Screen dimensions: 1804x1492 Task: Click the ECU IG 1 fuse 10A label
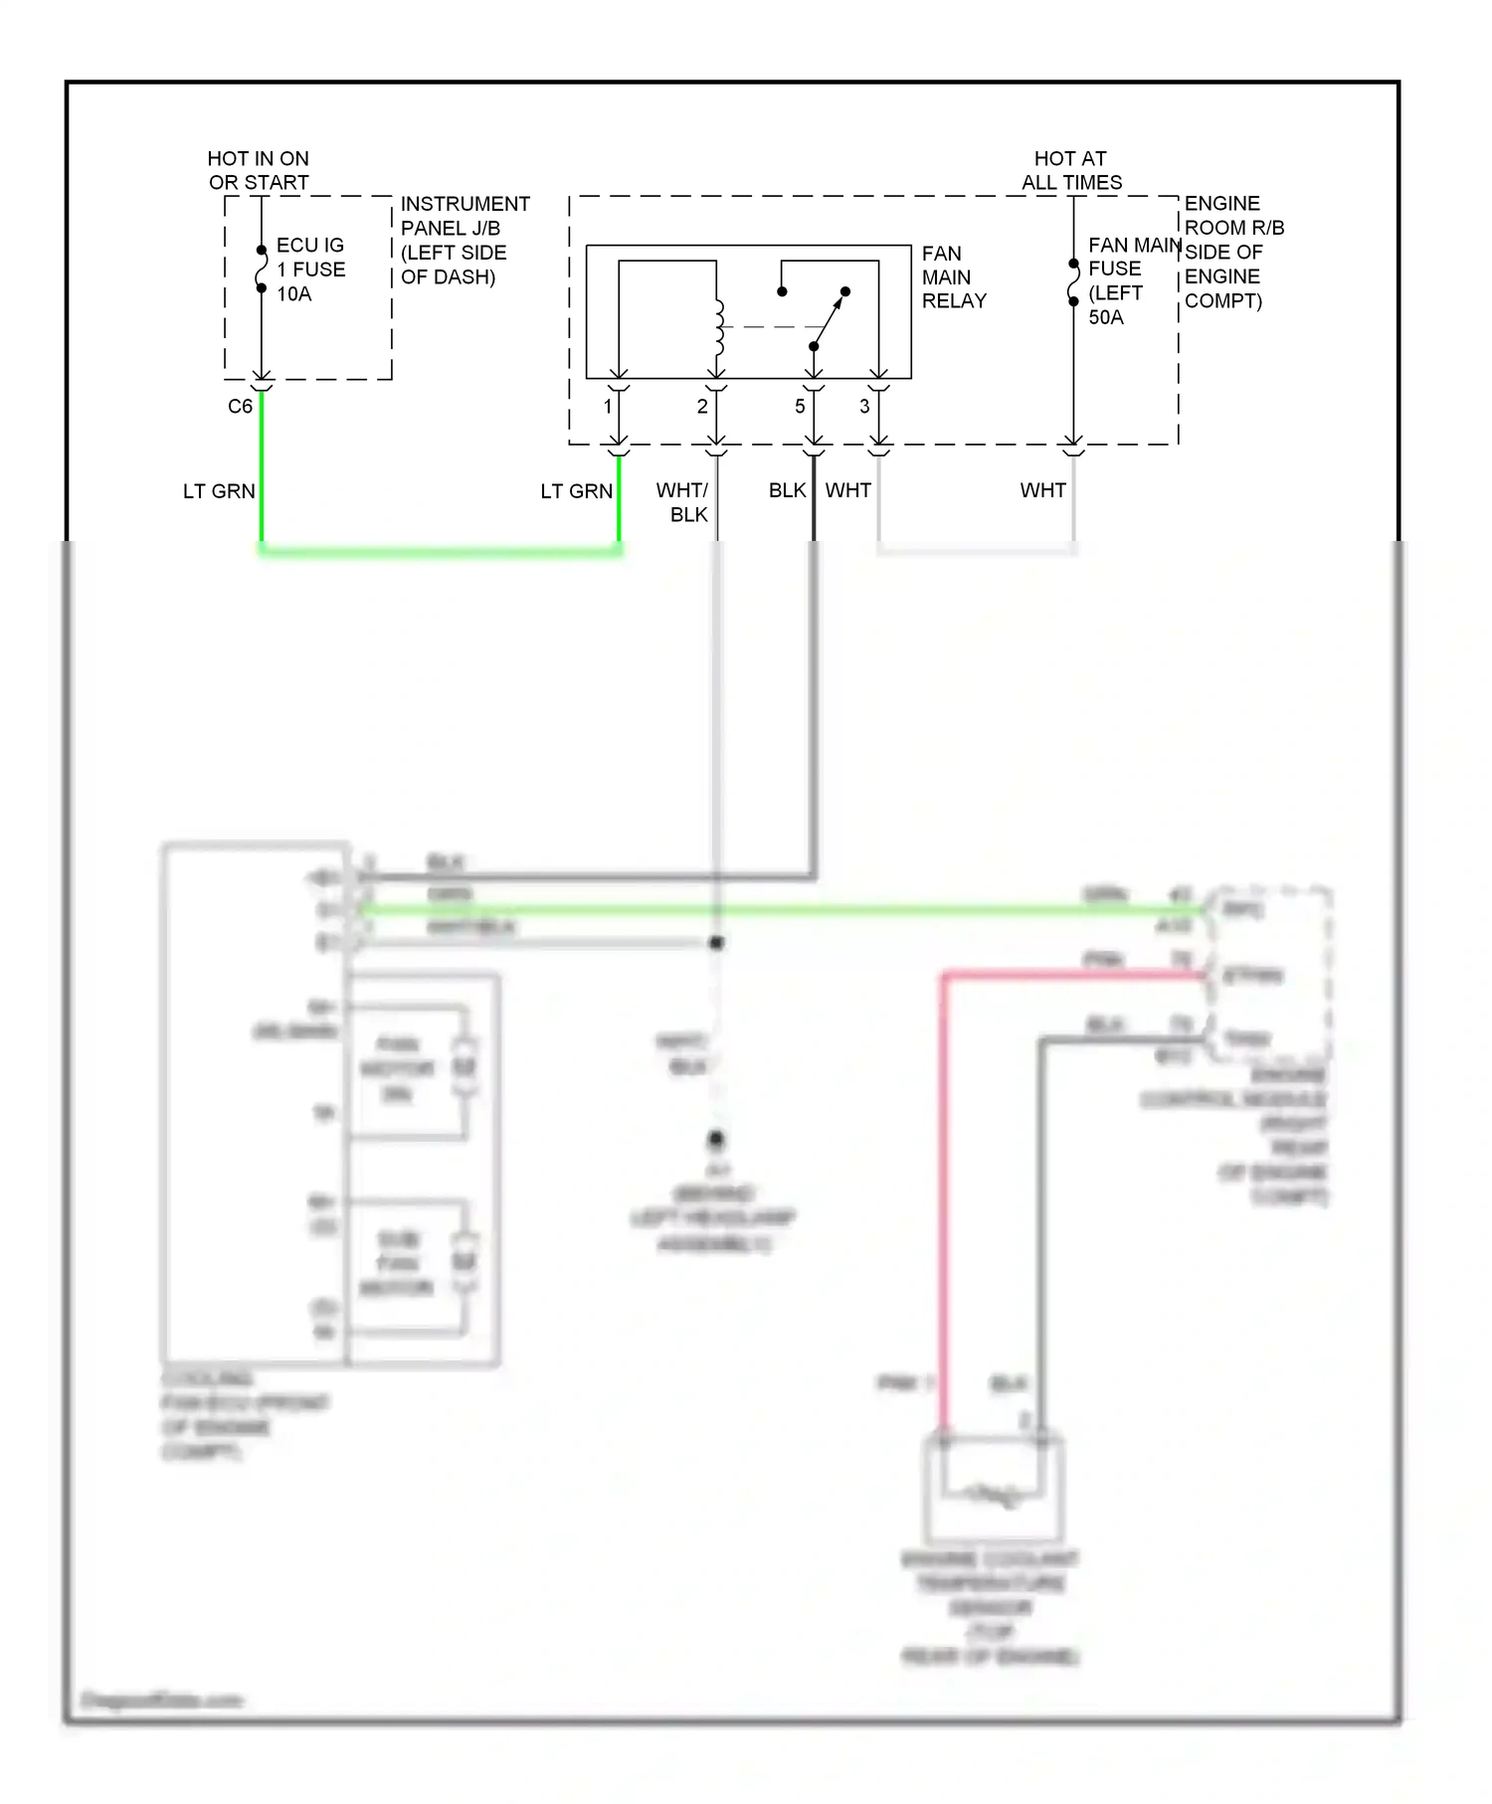click(x=310, y=270)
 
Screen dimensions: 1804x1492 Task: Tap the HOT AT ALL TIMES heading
click(x=1071, y=171)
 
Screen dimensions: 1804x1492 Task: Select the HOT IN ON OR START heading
click(x=259, y=171)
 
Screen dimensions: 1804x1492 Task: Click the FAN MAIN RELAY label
click(x=953, y=277)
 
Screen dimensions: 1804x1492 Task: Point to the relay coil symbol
click(x=718, y=326)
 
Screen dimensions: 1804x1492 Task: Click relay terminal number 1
click(x=608, y=407)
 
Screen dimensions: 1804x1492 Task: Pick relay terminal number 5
click(x=800, y=407)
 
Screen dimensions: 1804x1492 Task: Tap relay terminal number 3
click(x=864, y=407)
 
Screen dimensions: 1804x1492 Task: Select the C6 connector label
click(x=240, y=407)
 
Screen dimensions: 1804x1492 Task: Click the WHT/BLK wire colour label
click(x=683, y=502)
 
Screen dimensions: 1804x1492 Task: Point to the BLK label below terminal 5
click(x=787, y=491)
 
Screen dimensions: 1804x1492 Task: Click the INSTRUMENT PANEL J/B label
click(x=464, y=241)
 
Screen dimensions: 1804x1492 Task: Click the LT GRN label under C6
click(x=219, y=491)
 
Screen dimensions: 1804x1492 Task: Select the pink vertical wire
click(x=944, y=1193)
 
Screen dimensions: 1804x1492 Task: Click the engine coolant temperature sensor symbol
click(x=993, y=1492)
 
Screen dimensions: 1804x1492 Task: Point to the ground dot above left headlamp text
click(x=716, y=1139)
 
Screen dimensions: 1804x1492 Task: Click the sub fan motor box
click(x=411, y=1265)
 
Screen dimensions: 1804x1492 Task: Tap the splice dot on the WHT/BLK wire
click(x=716, y=942)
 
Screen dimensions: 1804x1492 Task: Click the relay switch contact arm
click(x=830, y=318)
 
